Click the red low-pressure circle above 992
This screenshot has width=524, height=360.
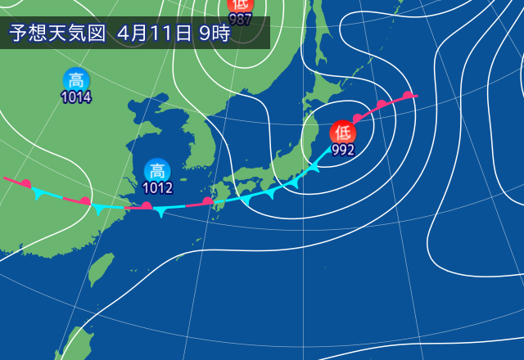[x=343, y=132]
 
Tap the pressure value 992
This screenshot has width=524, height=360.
[x=343, y=150]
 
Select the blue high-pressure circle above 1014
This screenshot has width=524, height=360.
[x=76, y=80]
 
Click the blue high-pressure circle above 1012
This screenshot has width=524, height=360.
[x=156, y=171]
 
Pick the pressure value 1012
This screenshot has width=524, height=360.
[x=156, y=188]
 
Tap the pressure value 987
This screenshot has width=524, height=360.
[x=241, y=19]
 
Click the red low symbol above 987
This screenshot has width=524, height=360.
[x=241, y=5]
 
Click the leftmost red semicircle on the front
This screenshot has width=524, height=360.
[x=26, y=183]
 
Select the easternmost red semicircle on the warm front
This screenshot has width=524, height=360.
[x=407, y=96]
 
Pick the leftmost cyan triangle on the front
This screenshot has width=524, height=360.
[x=38, y=195]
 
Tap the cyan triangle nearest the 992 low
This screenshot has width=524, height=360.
[x=313, y=169]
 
